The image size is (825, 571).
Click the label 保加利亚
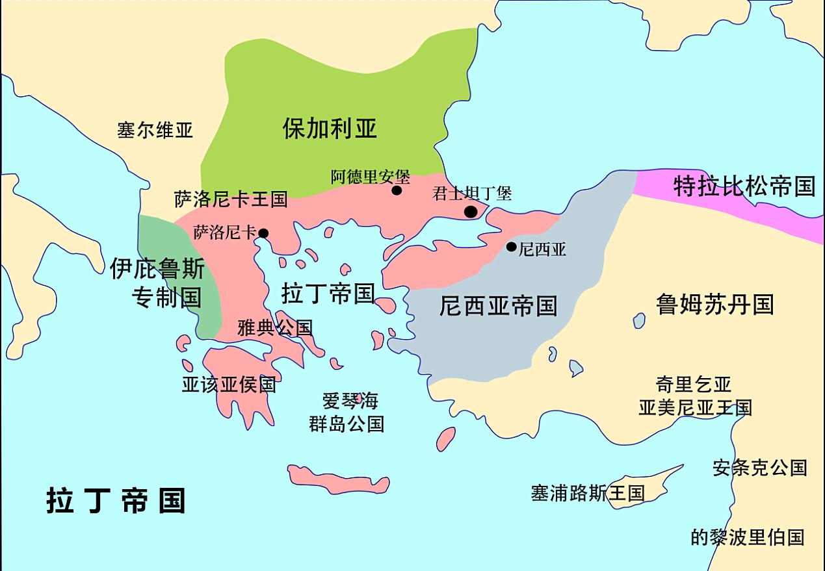coord(330,128)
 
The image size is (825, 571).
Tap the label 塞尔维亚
coord(155,130)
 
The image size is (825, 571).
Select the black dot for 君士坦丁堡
coord(471,212)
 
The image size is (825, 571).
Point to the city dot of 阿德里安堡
coord(397,190)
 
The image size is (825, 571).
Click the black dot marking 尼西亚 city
coord(512,247)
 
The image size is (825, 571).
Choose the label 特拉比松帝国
coord(744,186)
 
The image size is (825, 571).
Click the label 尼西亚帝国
coord(498,305)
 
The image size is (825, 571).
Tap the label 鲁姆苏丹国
coord(714,304)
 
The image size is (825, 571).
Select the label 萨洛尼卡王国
coord(231,199)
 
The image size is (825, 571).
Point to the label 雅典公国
coord(275,328)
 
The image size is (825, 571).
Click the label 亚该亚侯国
coord(229,385)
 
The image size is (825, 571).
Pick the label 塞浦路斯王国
coord(587,493)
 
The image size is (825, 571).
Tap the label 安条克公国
coord(759,468)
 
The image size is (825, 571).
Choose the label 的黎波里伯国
coord(747,537)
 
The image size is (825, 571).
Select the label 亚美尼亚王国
coord(695,408)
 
